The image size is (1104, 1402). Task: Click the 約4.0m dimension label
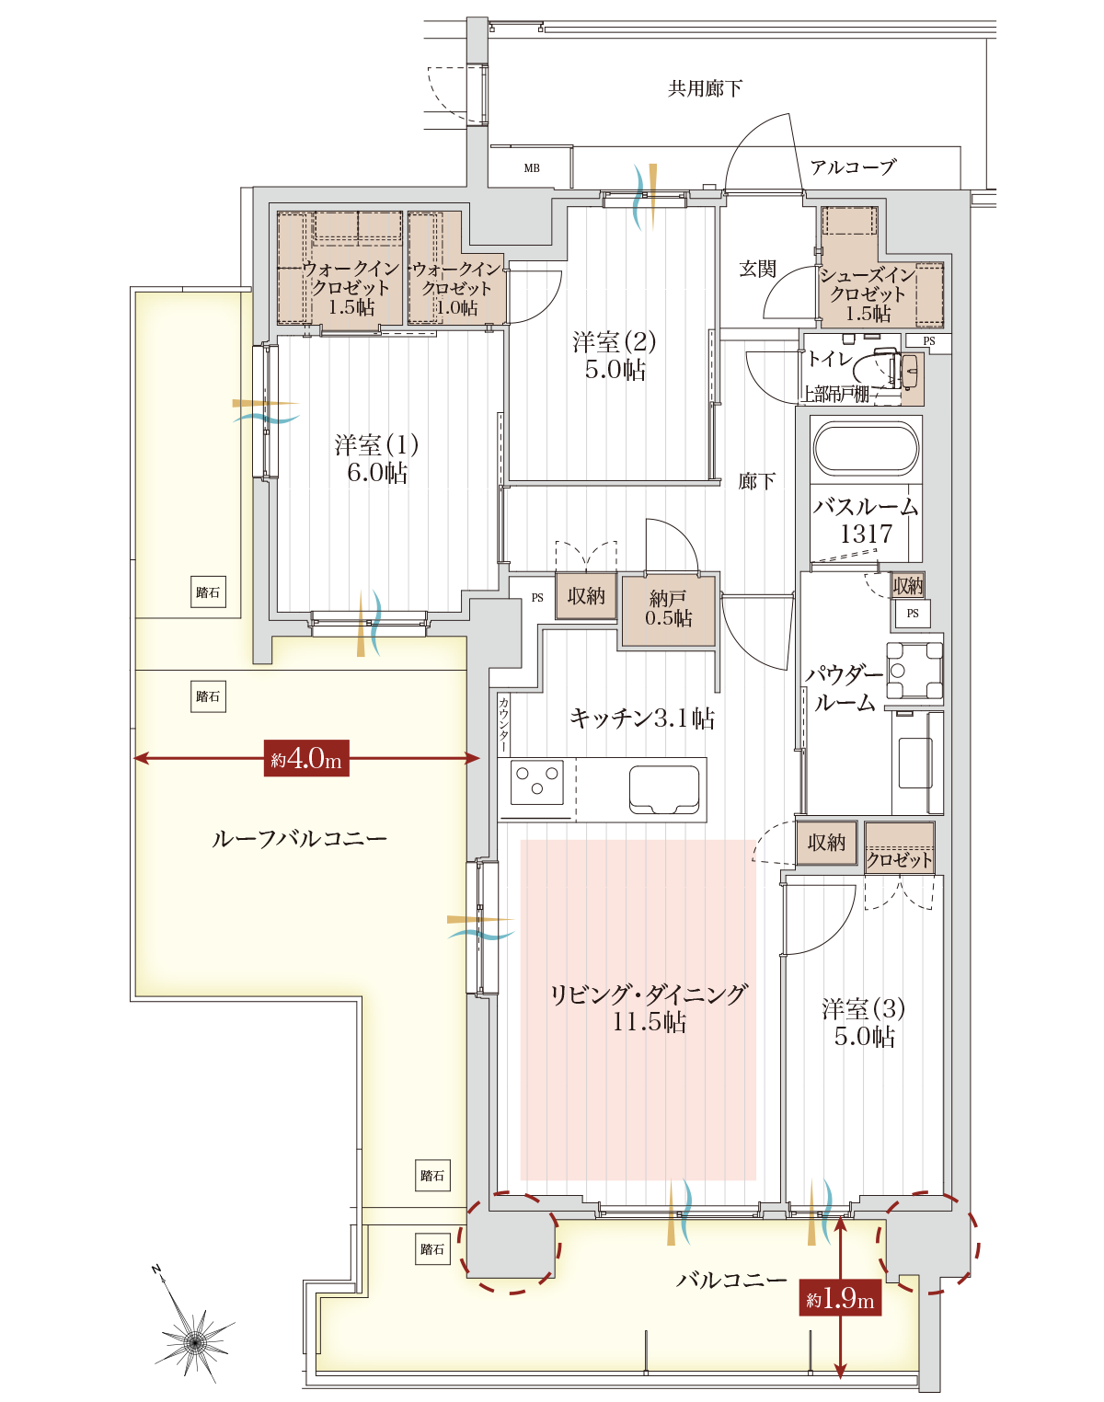point(306,758)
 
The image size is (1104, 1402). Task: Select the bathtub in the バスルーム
point(866,448)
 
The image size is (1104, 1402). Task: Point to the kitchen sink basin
point(664,789)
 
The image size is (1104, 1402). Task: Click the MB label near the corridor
point(532,168)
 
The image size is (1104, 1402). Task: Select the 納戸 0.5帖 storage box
point(668,610)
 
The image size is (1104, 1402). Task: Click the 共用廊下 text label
point(705,88)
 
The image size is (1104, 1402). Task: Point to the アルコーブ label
point(853,167)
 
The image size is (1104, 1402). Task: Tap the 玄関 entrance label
point(757,269)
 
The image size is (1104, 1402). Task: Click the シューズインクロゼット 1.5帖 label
point(868,293)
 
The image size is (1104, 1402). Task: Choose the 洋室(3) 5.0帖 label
point(864,1022)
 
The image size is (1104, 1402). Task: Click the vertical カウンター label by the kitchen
point(503,725)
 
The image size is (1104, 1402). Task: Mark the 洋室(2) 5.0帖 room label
point(614,356)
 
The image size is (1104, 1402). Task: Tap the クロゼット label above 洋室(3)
point(900,860)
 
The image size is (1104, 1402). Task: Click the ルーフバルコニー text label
point(300,838)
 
